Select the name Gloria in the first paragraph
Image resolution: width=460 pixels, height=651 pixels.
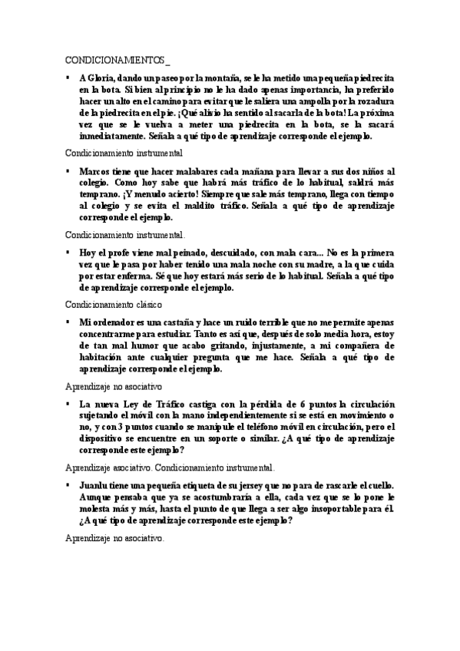point(103,78)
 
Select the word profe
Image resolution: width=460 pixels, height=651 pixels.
point(115,252)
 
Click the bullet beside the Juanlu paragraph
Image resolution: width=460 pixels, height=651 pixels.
point(68,485)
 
